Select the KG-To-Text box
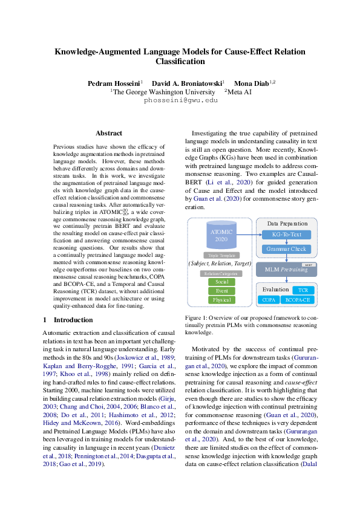pos(286,234)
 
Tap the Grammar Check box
pos(286,248)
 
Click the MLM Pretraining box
pos(287,269)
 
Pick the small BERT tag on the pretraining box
pos(307,264)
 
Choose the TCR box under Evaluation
pos(303,291)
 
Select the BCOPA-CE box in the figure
pos(298,299)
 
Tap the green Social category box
pos(221,282)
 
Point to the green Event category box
pos(221,291)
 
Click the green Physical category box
pos(221,300)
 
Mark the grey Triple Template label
pos(221,255)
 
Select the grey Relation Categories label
pos(221,273)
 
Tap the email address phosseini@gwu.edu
pos(180,101)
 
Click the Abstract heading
pos(109,133)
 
